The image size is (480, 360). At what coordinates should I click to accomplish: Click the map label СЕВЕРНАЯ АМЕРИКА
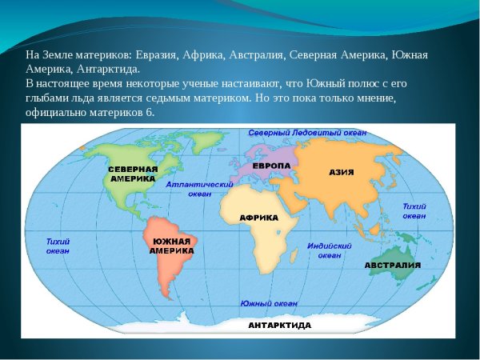[x=133, y=174]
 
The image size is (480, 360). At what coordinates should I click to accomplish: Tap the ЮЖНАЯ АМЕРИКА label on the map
[x=171, y=246]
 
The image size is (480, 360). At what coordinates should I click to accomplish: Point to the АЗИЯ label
[x=342, y=172]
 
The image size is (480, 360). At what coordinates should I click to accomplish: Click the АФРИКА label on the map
[x=258, y=218]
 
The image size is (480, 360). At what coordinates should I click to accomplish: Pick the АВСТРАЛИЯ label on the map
[x=393, y=265]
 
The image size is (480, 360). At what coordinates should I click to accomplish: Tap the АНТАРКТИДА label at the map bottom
[x=280, y=326]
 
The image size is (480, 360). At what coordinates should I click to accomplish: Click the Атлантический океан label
[x=193, y=188]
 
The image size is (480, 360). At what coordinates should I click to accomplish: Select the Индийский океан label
[x=330, y=250]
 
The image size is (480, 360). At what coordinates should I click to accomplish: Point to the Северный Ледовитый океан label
[x=307, y=132]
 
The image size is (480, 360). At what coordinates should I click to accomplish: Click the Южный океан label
[x=269, y=304]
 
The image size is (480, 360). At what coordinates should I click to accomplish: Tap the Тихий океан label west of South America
[x=58, y=246]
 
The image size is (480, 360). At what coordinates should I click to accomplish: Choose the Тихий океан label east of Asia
[x=414, y=210]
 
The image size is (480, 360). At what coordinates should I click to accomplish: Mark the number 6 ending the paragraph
[x=150, y=112]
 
